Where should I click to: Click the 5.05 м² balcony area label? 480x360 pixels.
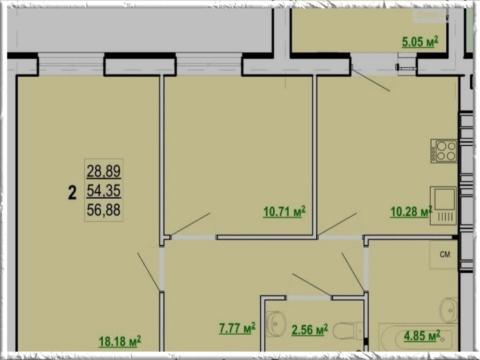(420, 42)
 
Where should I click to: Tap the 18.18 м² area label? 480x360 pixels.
(120, 341)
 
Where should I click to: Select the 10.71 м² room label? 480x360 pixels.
(284, 211)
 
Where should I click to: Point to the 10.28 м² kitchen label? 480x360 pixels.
(411, 211)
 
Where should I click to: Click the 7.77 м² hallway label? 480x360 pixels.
(237, 329)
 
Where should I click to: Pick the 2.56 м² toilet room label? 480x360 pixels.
(309, 330)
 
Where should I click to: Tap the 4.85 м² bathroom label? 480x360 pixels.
(422, 336)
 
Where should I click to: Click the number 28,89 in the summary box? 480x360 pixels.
(104, 171)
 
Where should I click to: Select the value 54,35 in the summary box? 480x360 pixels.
(104, 191)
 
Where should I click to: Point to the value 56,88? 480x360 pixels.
(104, 210)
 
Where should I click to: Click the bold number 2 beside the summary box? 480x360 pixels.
(72, 193)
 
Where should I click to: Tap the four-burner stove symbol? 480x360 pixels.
(444, 151)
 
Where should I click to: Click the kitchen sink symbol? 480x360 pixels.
(443, 206)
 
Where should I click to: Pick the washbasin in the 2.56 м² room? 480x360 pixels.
(276, 324)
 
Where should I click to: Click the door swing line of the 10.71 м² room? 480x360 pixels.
(190, 225)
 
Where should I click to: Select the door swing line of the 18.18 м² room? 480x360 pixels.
(149, 272)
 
